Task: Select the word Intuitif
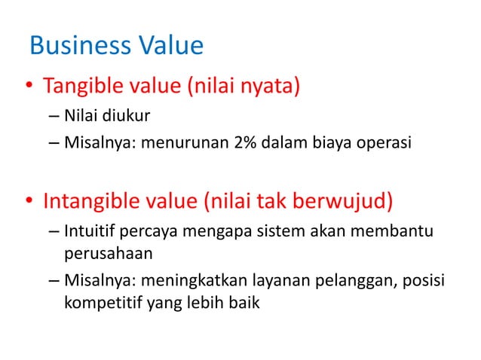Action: coord(89,230)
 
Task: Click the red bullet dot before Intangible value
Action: coord(28,203)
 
